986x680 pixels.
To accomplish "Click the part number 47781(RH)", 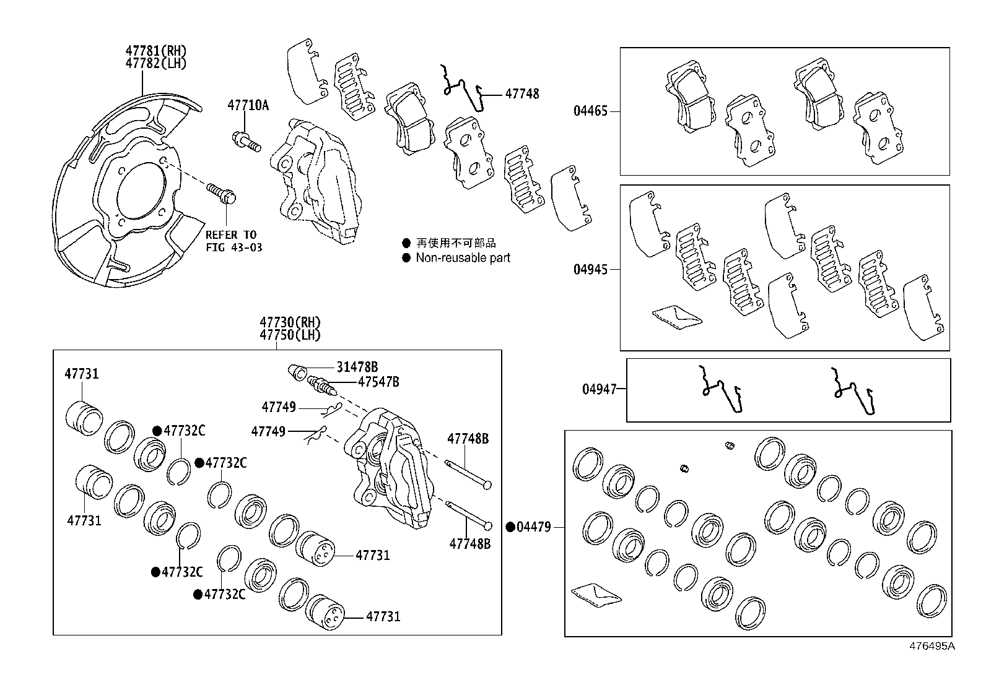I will (155, 51).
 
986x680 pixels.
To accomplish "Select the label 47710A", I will (248, 105).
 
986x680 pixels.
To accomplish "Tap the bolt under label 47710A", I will (246, 141).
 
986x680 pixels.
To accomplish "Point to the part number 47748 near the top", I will (522, 94).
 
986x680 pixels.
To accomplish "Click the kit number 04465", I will (590, 111).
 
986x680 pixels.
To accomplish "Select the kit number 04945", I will (590, 270).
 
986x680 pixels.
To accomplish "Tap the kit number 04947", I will (599, 389).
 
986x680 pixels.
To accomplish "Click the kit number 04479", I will (533, 527).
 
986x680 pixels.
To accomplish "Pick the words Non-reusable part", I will (463, 258).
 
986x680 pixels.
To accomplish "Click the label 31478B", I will (357, 367).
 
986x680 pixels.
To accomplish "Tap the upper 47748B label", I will (468, 439).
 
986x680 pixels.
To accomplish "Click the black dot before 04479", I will (510, 527).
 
